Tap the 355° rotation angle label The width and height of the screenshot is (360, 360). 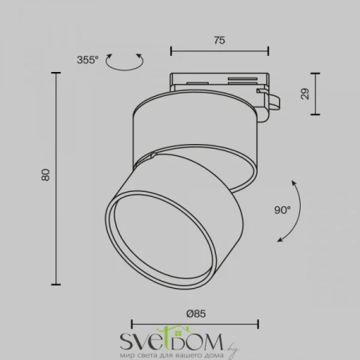89,59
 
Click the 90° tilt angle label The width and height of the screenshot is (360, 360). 282,212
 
